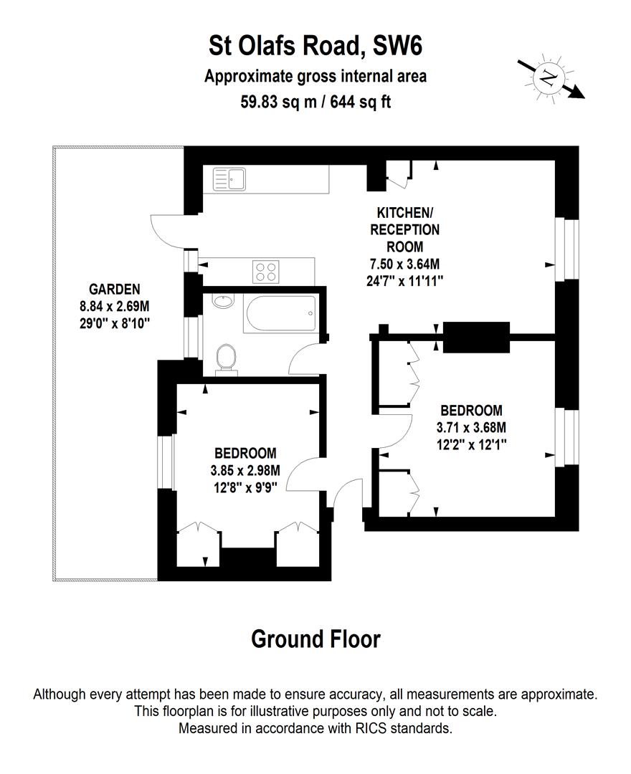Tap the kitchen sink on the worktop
(229, 179)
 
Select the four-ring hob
(266, 271)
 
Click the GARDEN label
(114, 290)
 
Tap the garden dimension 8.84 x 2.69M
(114, 307)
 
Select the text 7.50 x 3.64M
(404, 264)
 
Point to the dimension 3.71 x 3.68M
(471, 428)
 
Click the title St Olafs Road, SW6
(315, 47)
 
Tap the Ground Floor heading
(315, 639)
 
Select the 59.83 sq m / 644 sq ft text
(315, 101)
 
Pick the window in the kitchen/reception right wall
(569, 249)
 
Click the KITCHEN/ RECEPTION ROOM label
(404, 230)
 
